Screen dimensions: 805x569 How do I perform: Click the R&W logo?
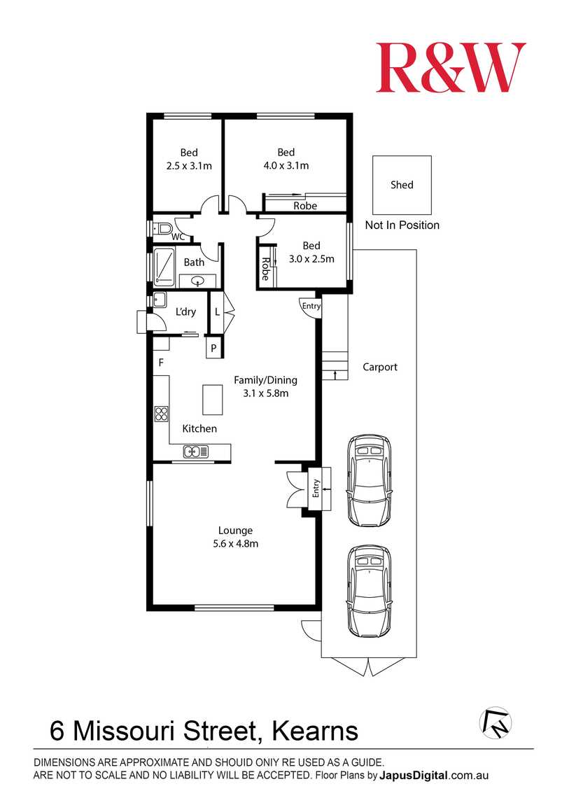[x=451, y=67]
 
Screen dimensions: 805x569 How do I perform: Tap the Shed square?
[x=402, y=185]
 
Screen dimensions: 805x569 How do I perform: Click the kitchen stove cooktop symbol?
[x=161, y=413]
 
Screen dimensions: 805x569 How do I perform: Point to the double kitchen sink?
[x=197, y=451]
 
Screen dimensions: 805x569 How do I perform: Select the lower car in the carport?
[x=370, y=591]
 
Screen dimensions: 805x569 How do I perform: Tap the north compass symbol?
[x=496, y=722]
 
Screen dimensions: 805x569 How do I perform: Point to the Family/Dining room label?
[x=265, y=386]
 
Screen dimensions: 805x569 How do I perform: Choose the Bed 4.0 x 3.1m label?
[x=286, y=159]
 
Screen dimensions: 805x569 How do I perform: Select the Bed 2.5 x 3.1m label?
[x=189, y=159]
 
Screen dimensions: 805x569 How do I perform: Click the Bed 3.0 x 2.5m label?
[x=311, y=252]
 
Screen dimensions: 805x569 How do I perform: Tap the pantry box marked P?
[x=213, y=348]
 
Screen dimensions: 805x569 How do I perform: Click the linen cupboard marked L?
[x=218, y=311]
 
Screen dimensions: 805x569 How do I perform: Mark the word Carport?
[x=380, y=367]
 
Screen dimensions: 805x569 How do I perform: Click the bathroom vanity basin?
[x=199, y=282]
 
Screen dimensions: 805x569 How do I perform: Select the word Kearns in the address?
[x=314, y=731]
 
